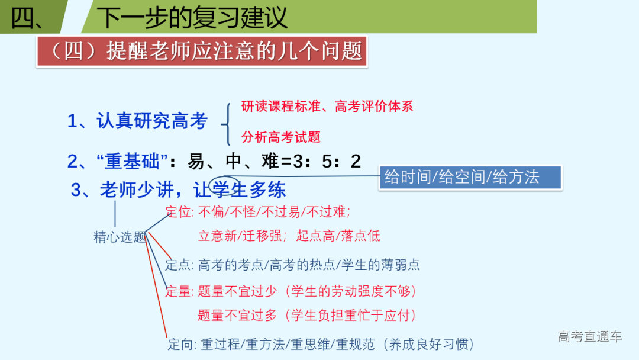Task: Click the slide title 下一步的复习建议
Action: click(192, 17)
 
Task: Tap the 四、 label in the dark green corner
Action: click(27, 18)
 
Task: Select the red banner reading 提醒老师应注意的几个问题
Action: click(202, 52)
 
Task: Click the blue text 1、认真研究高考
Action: click(137, 121)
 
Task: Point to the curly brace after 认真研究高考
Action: click(225, 124)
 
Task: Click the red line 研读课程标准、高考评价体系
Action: click(327, 107)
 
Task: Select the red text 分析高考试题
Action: click(281, 137)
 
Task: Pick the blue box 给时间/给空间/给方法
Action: click(461, 177)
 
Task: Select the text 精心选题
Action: click(120, 237)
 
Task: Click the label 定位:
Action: click(180, 212)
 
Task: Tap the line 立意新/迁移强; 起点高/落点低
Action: click(289, 236)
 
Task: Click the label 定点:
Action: click(179, 265)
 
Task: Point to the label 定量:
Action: click(179, 291)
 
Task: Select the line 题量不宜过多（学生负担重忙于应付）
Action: click(307, 316)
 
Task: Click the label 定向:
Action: click(182, 344)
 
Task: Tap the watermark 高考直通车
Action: click(589, 337)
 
